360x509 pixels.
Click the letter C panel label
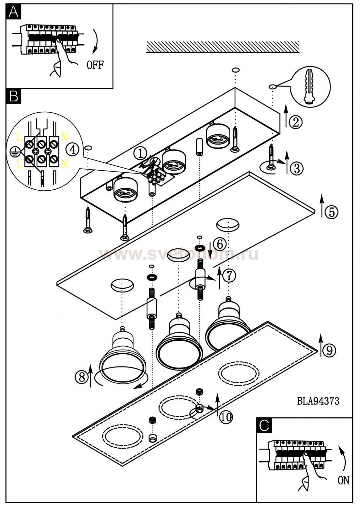[264, 426]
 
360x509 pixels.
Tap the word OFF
[95, 64]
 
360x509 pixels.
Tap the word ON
[343, 480]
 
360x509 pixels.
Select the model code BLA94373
[318, 401]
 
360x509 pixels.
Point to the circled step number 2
[296, 121]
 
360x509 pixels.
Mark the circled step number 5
[331, 212]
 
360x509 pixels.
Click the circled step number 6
[220, 244]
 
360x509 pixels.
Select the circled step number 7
[229, 275]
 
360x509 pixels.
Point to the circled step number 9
[329, 350]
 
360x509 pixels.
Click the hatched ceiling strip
[223, 47]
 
